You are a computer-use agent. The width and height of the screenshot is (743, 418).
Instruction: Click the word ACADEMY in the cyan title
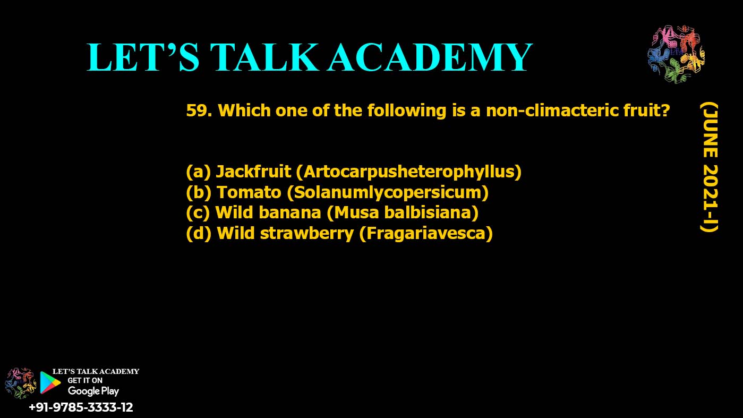tap(430, 57)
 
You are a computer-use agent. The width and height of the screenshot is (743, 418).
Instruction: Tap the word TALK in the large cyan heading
tap(264, 57)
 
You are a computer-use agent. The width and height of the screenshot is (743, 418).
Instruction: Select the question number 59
tap(199, 110)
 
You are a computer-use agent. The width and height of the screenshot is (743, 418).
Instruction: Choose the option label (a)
tap(198, 172)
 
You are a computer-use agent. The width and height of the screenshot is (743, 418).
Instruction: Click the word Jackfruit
tap(253, 171)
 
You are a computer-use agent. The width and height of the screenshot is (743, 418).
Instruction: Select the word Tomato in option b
tap(249, 192)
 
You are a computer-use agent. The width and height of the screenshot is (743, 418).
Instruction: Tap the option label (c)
tap(198, 213)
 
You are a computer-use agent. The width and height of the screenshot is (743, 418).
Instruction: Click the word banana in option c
tap(289, 212)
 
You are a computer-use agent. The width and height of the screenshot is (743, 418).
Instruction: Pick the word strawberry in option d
tap(307, 233)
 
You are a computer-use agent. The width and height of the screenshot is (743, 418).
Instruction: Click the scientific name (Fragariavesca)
tap(426, 234)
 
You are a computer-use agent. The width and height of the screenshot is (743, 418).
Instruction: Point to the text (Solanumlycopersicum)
tap(388, 193)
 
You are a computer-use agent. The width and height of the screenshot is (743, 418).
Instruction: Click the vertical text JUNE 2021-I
tap(710, 168)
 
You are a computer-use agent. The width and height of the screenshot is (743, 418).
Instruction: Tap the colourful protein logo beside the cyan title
tap(676, 54)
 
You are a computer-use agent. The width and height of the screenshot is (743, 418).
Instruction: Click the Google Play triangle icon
tap(50, 382)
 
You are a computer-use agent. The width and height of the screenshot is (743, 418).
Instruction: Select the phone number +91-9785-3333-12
tap(81, 407)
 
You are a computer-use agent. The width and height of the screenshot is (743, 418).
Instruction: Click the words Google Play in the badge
tap(93, 391)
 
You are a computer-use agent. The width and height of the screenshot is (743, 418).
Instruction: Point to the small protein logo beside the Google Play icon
tap(20, 383)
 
